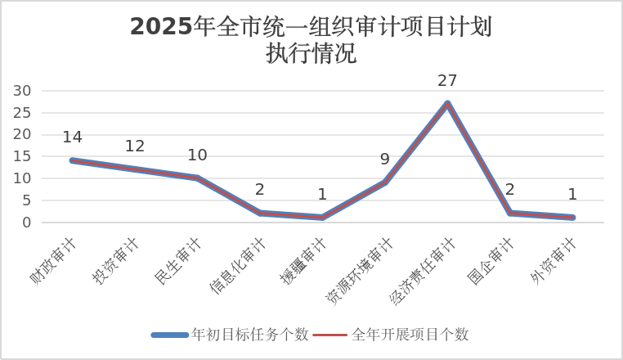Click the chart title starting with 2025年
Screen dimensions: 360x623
click(311, 39)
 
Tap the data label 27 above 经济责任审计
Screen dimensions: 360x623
click(447, 80)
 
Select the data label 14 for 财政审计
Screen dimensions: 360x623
click(72, 137)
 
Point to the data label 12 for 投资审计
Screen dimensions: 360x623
click(135, 146)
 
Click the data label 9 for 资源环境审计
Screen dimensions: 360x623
click(384, 160)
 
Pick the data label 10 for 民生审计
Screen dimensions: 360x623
click(197, 155)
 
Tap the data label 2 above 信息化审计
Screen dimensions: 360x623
click(259, 190)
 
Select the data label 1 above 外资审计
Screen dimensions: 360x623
click(572, 195)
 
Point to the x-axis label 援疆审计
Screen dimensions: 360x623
click(303, 260)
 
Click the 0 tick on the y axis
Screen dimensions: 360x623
click(27, 222)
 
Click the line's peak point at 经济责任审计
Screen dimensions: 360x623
click(447, 104)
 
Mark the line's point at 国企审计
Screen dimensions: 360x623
click(510, 213)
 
